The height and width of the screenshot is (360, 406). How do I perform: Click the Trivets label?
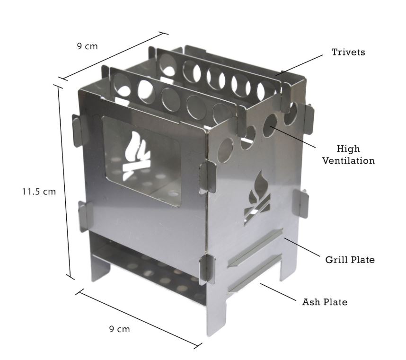[x=348, y=52]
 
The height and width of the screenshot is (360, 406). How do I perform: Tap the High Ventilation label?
[x=348, y=155]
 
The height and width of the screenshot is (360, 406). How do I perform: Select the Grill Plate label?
[x=350, y=260]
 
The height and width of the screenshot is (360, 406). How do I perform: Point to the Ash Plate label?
[x=325, y=302]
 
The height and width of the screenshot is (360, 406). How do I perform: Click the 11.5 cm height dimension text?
[x=39, y=192]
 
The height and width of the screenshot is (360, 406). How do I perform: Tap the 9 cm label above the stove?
[x=87, y=46]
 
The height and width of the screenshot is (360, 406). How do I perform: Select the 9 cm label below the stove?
[x=119, y=329]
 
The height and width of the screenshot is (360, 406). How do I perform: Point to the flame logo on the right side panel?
[x=257, y=198]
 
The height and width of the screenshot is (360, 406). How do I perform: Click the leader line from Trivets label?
[x=299, y=65]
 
